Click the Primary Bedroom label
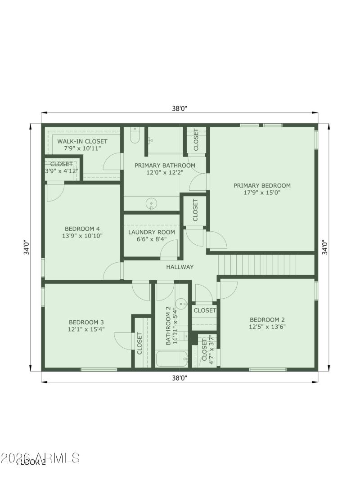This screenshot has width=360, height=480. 261,185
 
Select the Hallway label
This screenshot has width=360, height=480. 180,267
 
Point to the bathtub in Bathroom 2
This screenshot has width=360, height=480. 171,359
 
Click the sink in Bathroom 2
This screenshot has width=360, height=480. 181,303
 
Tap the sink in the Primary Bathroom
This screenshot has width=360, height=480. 152,204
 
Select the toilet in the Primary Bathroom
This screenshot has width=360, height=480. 135,135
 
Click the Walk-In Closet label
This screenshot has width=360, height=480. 82,141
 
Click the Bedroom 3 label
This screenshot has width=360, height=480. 86,322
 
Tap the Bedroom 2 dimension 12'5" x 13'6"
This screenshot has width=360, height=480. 267,327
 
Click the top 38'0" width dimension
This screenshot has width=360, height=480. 179,108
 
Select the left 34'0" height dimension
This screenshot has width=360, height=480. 27,247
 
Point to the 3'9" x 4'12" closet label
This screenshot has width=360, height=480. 61,171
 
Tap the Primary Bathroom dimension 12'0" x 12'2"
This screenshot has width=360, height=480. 165,172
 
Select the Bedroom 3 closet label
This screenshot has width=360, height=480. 139,343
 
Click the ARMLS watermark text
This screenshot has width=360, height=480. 40,458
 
